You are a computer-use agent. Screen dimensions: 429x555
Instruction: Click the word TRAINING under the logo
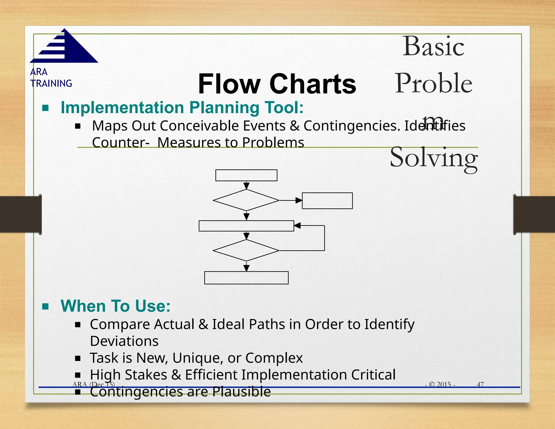(51, 83)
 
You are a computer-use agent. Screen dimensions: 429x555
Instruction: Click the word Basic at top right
(433, 47)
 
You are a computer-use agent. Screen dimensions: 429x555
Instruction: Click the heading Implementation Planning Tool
(182, 108)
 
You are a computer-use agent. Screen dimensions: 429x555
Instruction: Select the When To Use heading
(115, 306)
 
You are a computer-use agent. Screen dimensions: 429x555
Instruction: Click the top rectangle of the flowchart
(246, 175)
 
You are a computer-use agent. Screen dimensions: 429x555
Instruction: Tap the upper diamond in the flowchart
(246, 200)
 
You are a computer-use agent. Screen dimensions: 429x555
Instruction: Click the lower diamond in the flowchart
(246, 250)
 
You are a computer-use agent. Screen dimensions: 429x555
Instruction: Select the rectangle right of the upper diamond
(327, 201)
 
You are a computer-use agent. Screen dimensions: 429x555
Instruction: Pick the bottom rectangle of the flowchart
(246, 278)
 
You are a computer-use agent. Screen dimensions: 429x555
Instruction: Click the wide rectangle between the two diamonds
(246, 226)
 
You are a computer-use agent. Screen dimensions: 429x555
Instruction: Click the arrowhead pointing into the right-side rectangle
(299, 200)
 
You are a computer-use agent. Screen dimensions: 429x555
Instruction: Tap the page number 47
(480, 384)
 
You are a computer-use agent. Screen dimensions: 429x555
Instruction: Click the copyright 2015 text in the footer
(440, 384)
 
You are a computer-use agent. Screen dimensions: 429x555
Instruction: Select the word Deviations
(124, 341)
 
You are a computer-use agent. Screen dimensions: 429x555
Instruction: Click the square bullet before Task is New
(78, 358)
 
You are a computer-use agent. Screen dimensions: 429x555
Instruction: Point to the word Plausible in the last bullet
(241, 392)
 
